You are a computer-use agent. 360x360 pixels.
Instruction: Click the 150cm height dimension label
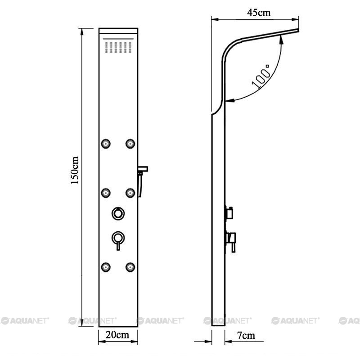coord(75,170)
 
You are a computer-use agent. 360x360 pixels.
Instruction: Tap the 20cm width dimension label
coord(117,335)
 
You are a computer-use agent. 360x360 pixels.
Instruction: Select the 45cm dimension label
coord(259,13)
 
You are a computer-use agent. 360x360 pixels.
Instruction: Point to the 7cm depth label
coord(246,335)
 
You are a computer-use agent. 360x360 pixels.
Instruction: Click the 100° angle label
coord(261,76)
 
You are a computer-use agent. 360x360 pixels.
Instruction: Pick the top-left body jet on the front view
coord(106,144)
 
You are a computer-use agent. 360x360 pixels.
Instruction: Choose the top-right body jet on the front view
coord(130,144)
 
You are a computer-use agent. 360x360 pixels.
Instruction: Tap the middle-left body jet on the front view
coord(106,193)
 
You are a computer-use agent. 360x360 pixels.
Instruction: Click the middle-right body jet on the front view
coord(130,193)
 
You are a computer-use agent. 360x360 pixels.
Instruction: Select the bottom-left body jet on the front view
coord(106,267)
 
